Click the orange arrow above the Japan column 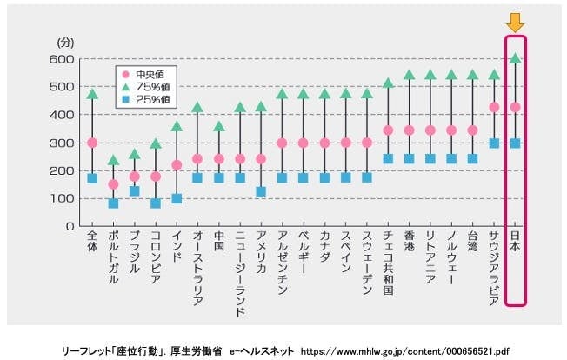(515, 23)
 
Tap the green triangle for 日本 (515, 58)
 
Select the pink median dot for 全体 (92, 143)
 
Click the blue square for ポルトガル (113, 203)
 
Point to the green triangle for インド (177, 126)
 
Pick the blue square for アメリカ (261, 191)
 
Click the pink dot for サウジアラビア (494, 107)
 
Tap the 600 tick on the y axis (65, 59)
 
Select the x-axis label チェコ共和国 (388, 266)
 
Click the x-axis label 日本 (515, 243)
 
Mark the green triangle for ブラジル (134, 154)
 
